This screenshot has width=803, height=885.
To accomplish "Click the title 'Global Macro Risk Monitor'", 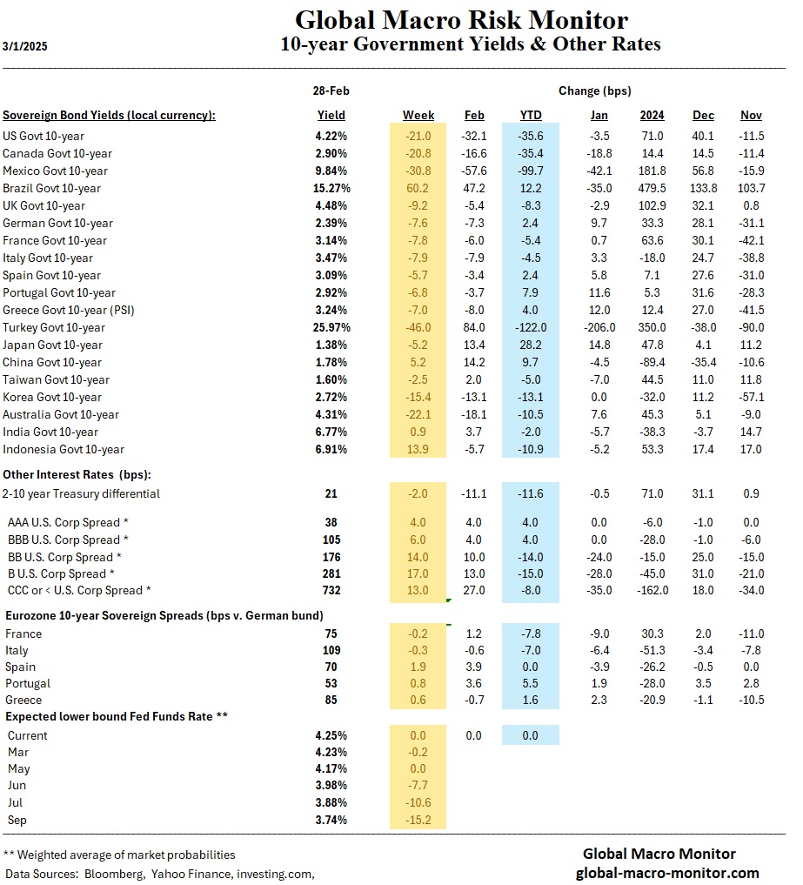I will pos(461,20).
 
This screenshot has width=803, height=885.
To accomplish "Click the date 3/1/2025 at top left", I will pos(25,46).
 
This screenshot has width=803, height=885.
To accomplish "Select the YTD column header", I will pos(530,115).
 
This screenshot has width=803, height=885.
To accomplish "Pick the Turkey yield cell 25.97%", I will pos(331,327).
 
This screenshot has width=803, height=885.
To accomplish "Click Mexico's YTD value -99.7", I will pos(530,171).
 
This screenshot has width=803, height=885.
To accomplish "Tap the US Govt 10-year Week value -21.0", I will pos(418,136).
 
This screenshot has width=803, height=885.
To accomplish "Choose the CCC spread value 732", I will pos(331,591).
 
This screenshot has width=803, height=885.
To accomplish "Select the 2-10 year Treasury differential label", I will pos(81,493).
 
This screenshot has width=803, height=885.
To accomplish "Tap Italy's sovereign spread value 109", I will pos(331,650).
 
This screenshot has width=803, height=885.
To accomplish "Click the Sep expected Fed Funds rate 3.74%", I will pos(331,820).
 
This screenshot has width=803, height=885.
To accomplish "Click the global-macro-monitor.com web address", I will pos(667,873).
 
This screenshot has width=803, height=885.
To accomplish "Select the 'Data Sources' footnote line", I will pos(159,873).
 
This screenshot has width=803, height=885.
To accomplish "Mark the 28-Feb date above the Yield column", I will pos(331,91).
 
